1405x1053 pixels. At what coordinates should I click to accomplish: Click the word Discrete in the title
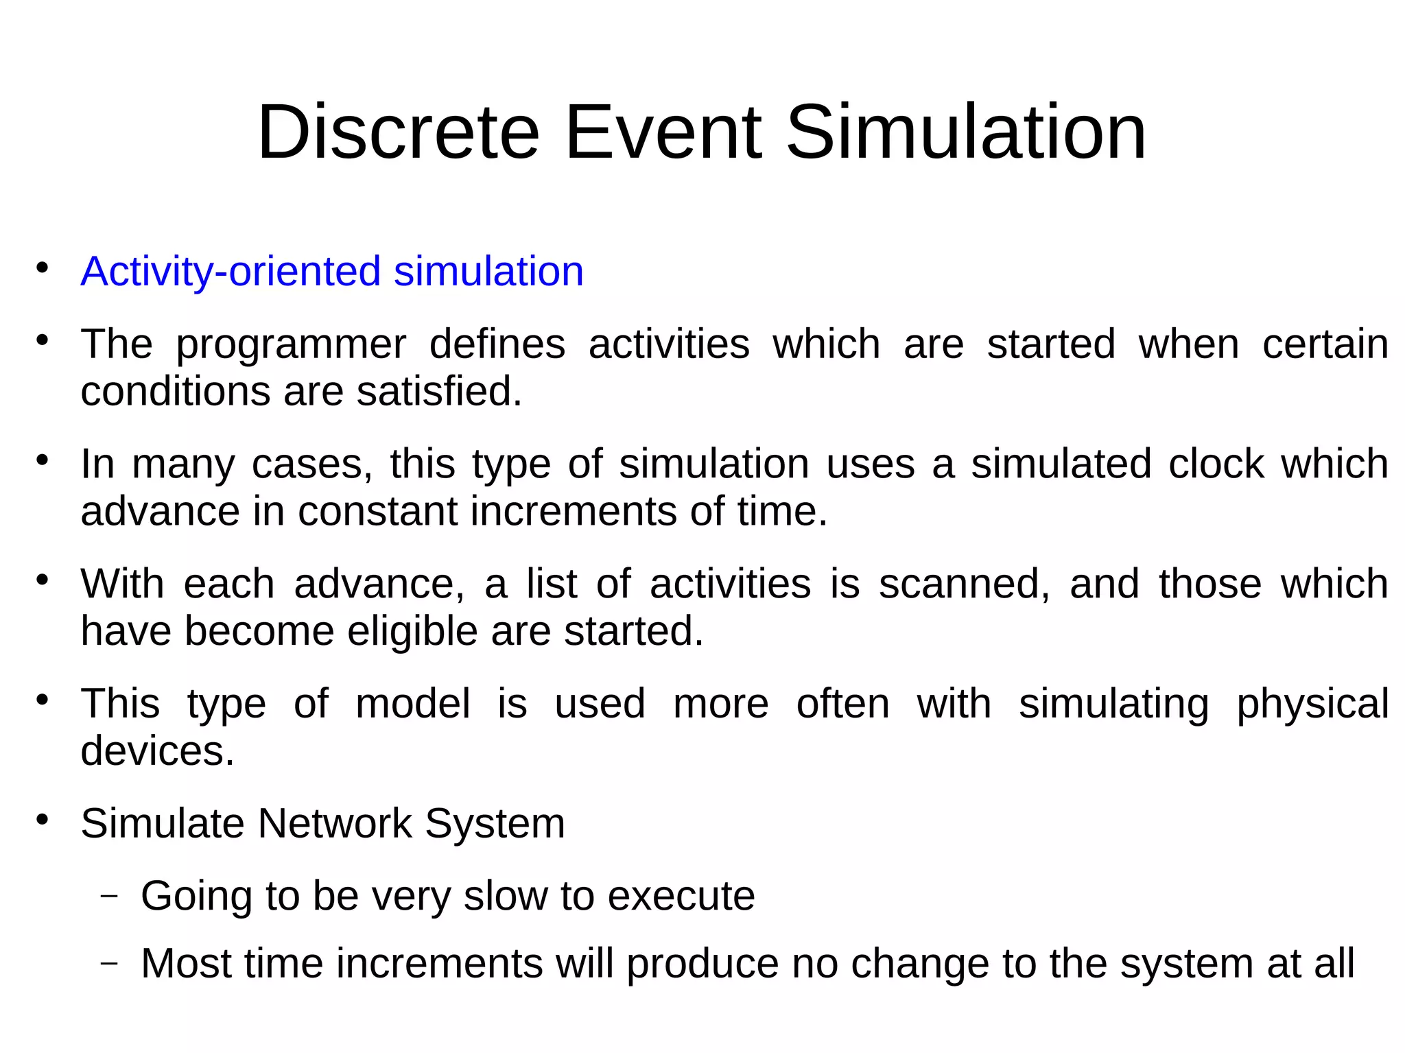(x=398, y=132)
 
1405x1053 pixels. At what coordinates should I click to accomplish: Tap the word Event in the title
(x=663, y=132)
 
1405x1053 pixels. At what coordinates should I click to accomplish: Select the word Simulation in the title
(x=965, y=132)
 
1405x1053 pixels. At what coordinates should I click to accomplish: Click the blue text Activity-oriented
(x=231, y=272)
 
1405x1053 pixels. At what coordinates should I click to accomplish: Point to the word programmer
(x=291, y=345)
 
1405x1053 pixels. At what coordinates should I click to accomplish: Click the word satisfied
(x=438, y=392)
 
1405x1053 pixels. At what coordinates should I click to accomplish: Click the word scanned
(x=964, y=584)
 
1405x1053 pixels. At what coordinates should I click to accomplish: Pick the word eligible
(x=412, y=631)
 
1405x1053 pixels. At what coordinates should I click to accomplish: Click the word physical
(x=1312, y=705)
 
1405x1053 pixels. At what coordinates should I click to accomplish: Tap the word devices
(x=157, y=751)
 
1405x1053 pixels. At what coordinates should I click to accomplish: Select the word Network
(x=334, y=823)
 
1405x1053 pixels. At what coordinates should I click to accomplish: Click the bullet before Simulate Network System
(x=43, y=820)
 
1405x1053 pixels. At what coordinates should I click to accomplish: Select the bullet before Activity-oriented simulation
(x=43, y=268)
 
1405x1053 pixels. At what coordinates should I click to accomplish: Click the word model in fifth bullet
(x=412, y=705)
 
